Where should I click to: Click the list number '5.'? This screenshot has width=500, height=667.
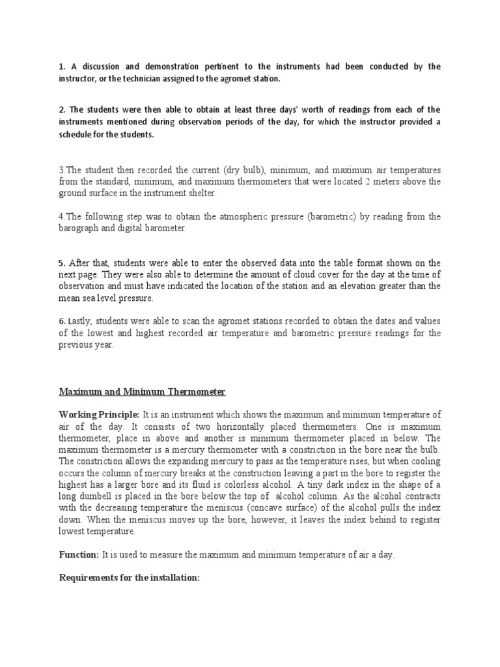click(x=62, y=263)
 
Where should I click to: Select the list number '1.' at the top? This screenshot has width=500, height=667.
click(x=62, y=66)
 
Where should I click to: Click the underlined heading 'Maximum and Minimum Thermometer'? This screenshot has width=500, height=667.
click(x=143, y=391)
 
